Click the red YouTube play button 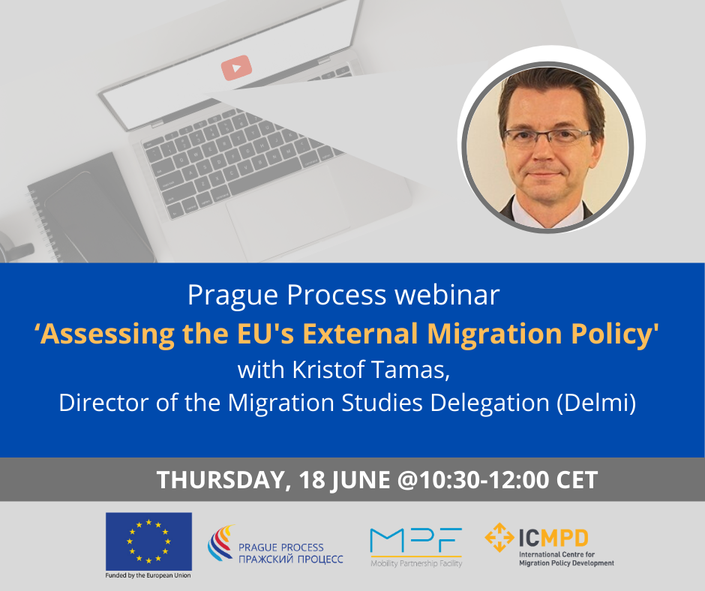(236, 68)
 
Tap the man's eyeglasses (547, 136)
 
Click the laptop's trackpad (288, 208)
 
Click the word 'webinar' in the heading (447, 295)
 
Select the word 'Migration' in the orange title (494, 334)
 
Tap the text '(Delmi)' (597, 403)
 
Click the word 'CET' (577, 480)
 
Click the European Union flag (148, 541)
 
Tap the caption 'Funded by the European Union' (148, 575)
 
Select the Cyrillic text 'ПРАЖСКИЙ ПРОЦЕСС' (291, 559)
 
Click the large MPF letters (416, 541)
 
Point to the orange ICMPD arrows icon (499, 538)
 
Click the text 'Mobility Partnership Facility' (416, 563)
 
